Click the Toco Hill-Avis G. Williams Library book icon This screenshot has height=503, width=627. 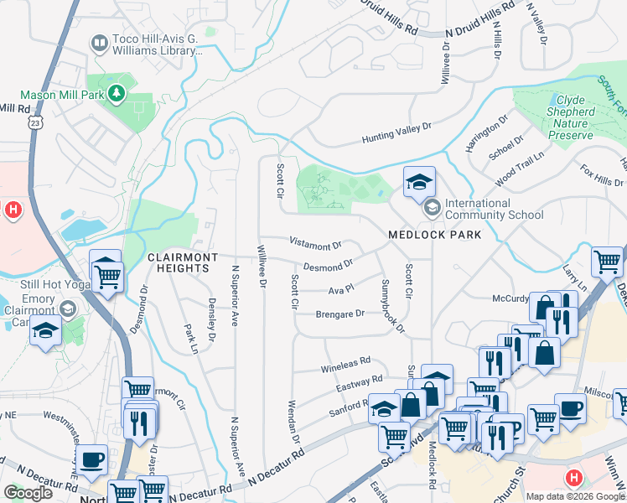coord(100,42)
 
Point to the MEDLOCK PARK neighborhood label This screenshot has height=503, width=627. coord(435,235)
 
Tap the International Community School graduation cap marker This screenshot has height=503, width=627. coord(419,181)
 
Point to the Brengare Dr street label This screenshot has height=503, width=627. coord(339,314)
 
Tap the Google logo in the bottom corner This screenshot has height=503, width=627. coord(28,492)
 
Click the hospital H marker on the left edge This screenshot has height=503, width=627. coord(13,210)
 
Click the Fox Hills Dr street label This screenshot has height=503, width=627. coord(602,175)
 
